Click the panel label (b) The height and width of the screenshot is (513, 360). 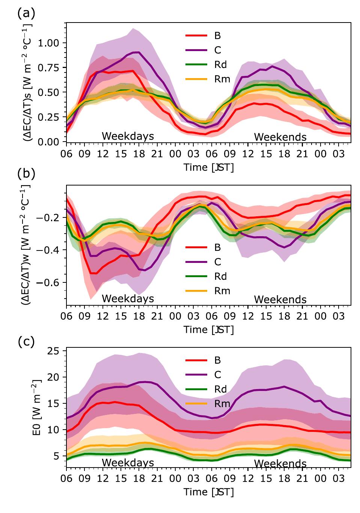pyautogui.click(x=26, y=174)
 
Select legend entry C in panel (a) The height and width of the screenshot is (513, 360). pyautogui.click(x=217, y=50)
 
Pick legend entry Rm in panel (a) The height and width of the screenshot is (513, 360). pyautogui.click(x=221, y=79)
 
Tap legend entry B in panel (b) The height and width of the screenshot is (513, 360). pyautogui.click(x=217, y=247)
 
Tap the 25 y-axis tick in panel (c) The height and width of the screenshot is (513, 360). pyautogui.click(x=55, y=351)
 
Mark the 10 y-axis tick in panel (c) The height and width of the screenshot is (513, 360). pyautogui.click(x=55, y=430)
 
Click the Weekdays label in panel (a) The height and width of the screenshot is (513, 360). pyautogui.click(x=128, y=136)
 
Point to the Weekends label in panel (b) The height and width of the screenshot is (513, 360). pyautogui.click(x=280, y=300)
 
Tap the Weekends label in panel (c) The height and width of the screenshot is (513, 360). pyautogui.click(x=280, y=464)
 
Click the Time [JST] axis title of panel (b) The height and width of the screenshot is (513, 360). pyautogui.click(x=208, y=330)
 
